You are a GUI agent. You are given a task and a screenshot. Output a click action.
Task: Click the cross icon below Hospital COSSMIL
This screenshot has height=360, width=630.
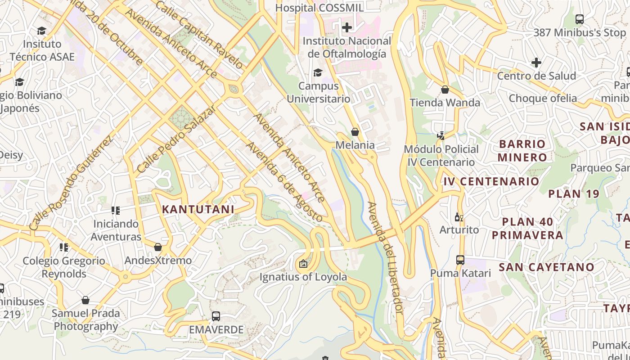(x=346, y=27)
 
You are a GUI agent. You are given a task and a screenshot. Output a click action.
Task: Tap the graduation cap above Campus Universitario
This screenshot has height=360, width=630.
(x=318, y=72)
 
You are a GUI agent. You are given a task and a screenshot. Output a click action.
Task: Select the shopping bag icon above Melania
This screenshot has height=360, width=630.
(x=355, y=132)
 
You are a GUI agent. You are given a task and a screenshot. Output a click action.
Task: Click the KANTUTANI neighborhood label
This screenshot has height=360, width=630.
(x=198, y=209)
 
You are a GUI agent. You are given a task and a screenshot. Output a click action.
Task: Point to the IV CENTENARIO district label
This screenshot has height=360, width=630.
(x=491, y=181)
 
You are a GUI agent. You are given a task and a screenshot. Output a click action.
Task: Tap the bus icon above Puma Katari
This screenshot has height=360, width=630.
(x=460, y=260)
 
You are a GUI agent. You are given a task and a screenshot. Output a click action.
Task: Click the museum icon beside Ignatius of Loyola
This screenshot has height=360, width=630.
(x=303, y=264)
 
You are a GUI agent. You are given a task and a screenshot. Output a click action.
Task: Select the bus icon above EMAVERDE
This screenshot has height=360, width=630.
(x=216, y=316)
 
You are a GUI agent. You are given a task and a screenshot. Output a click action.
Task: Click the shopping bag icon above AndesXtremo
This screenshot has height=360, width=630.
(x=158, y=247)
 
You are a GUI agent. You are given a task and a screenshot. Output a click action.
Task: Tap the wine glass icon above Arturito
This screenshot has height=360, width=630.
(x=459, y=217)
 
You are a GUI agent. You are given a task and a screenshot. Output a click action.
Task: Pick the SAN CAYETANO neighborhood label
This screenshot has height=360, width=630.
(x=547, y=267)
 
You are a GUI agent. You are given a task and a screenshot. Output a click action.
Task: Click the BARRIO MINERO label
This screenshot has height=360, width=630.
(x=522, y=150)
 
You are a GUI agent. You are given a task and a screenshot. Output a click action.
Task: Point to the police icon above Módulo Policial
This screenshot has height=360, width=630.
(x=441, y=135)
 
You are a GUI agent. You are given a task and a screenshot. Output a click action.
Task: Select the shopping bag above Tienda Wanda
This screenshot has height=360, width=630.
(x=445, y=90)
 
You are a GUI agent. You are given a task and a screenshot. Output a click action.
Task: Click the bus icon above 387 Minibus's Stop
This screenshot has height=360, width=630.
(x=580, y=19)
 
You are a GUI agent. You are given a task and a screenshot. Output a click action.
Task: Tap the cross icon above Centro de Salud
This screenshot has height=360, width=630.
(x=536, y=63)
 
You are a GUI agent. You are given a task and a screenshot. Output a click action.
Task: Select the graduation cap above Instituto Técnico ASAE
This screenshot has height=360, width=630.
(x=42, y=31)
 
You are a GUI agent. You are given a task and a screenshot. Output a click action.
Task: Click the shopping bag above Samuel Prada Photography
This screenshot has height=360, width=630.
(x=85, y=300)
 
